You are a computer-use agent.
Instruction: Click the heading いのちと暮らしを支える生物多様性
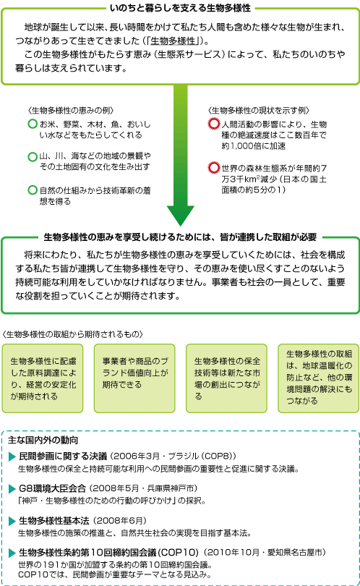pos(180,8)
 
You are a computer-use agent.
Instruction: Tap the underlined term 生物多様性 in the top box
pos(173,41)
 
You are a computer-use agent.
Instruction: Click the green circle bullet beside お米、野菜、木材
pos(33,124)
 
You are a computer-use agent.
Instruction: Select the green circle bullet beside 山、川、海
pos(33,156)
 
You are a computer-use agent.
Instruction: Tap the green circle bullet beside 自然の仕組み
pos(33,190)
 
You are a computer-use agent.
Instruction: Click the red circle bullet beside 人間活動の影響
pos(214,124)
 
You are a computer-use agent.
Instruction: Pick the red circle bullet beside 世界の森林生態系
pos(214,168)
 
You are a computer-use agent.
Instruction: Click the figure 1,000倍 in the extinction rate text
pos(244,145)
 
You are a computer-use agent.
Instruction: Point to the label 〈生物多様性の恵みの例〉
pos(71,110)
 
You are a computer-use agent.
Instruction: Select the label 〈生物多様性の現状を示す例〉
pos(259,110)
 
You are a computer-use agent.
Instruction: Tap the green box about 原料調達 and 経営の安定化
pos(43,378)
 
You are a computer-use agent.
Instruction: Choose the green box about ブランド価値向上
pos(134,378)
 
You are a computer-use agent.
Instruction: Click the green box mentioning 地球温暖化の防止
pos(318,378)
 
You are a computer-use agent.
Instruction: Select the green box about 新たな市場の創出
pos(226,378)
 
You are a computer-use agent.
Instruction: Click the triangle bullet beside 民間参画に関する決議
pos(12,457)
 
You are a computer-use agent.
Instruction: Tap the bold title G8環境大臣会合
pos(52,488)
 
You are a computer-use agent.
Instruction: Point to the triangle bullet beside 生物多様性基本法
pos(12,521)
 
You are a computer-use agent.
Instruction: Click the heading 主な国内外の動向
pos(43,440)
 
